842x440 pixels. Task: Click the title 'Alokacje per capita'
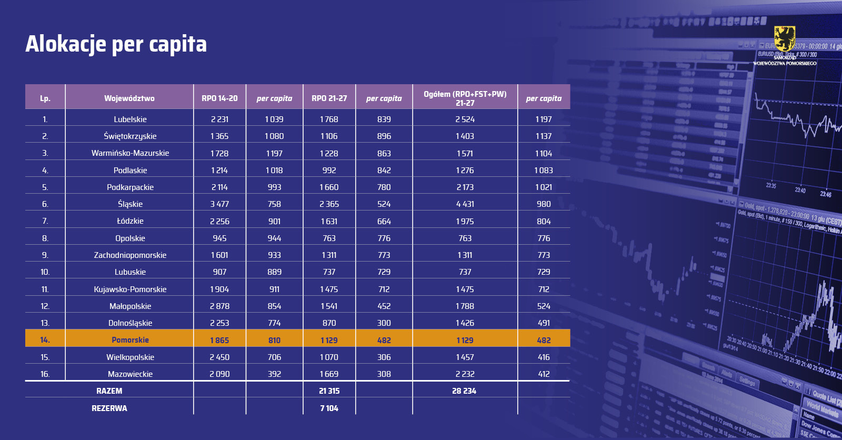(x=116, y=44)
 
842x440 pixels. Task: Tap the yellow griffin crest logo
(x=784, y=39)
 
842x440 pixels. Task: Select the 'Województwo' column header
(x=129, y=98)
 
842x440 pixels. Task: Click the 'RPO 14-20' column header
(x=219, y=98)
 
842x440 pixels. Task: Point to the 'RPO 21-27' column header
(x=329, y=98)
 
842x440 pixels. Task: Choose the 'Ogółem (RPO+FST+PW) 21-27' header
(x=465, y=98)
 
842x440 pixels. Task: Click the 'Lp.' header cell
(x=45, y=98)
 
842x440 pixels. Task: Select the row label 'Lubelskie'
(x=130, y=119)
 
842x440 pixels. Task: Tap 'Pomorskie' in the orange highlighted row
(x=130, y=340)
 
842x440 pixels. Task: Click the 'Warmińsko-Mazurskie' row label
(x=130, y=153)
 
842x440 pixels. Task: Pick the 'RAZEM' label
(x=109, y=391)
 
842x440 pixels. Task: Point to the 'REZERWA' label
(x=109, y=408)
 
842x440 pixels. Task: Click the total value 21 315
(x=329, y=391)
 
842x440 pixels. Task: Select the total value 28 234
(x=464, y=391)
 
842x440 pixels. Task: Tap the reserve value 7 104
(x=329, y=408)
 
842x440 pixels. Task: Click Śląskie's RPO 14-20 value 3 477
(x=219, y=204)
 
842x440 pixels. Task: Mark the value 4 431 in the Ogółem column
(x=465, y=204)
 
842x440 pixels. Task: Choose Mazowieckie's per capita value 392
(x=274, y=374)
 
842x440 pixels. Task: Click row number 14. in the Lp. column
(x=45, y=340)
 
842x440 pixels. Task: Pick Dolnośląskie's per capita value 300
(x=384, y=323)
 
